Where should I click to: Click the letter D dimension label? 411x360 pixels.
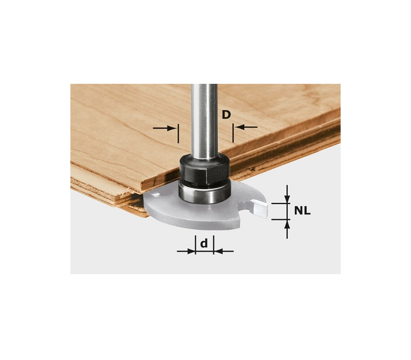(226, 114)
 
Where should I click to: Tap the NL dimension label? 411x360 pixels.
(302, 211)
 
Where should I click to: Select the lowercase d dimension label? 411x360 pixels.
(204, 243)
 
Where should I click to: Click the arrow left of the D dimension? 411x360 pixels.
(164, 128)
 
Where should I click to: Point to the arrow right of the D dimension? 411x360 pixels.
(246, 127)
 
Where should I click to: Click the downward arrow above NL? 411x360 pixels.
(288, 194)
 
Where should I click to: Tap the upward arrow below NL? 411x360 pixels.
(288, 229)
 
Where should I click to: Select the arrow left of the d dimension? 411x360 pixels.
(186, 251)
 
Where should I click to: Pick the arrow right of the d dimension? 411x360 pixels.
(223, 251)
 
